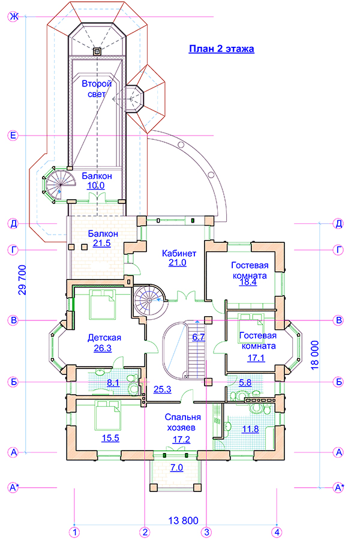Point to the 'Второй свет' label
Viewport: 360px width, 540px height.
[x=97, y=89]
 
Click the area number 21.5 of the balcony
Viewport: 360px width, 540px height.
[x=102, y=244]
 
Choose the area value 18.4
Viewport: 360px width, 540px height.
[x=248, y=282]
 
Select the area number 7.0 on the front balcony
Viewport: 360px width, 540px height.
[x=176, y=467]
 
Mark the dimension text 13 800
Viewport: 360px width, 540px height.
[x=182, y=520]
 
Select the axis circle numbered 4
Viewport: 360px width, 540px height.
[x=277, y=532]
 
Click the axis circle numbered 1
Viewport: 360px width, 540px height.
[x=74, y=532]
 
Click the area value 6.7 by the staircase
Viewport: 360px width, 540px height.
[x=199, y=337]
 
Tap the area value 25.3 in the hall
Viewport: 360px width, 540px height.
[x=162, y=389]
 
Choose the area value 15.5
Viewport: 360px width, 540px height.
[x=110, y=438]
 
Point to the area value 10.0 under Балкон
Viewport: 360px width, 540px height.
[x=96, y=186]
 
